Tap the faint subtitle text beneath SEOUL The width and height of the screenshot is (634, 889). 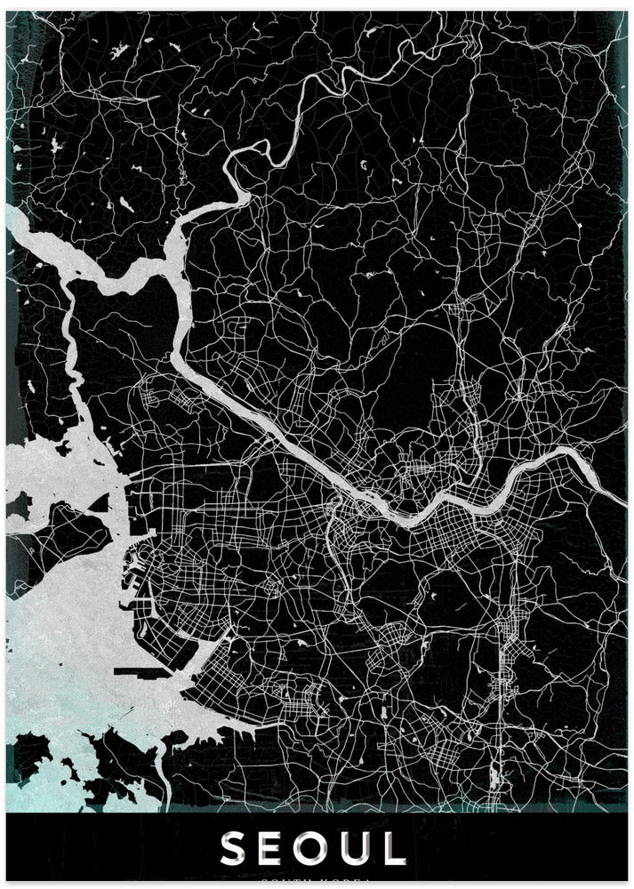pos(317,882)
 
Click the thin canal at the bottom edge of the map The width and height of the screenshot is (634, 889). pos(165,782)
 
